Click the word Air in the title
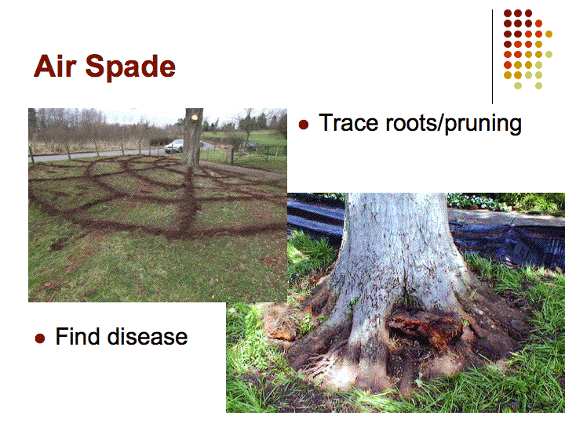(55, 66)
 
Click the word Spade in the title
(130, 67)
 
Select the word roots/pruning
(454, 124)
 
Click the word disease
(148, 337)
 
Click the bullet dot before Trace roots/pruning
(304, 125)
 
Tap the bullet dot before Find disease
(40, 338)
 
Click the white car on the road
(174, 146)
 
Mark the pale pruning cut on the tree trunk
(195, 117)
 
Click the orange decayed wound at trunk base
(425, 327)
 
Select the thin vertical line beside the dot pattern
(492, 56)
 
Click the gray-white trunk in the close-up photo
(396, 259)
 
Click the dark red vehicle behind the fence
(251, 146)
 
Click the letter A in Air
(44, 66)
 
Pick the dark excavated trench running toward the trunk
(188, 201)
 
